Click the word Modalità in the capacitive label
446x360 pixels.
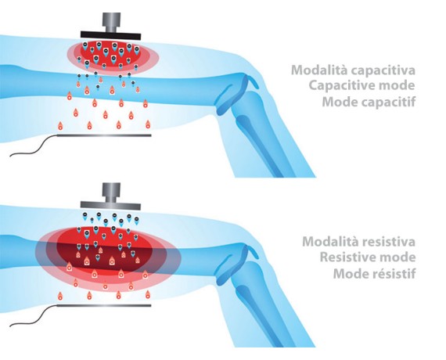[x=319, y=70]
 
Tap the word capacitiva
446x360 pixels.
[x=383, y=70]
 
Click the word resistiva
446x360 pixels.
[x=389, y=242]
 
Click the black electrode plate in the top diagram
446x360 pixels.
[x=110, y=35]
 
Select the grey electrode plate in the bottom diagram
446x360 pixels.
[x=110, y=205]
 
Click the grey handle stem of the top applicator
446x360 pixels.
[x=111, y=22]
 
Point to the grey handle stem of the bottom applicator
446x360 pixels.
[x=111, y=193]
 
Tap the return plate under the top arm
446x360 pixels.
[x=104, y=135]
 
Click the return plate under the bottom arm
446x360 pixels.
[x=104, y=306]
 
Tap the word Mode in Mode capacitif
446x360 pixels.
[x=340, y=102]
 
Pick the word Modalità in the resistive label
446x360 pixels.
[x=330, y=242]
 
